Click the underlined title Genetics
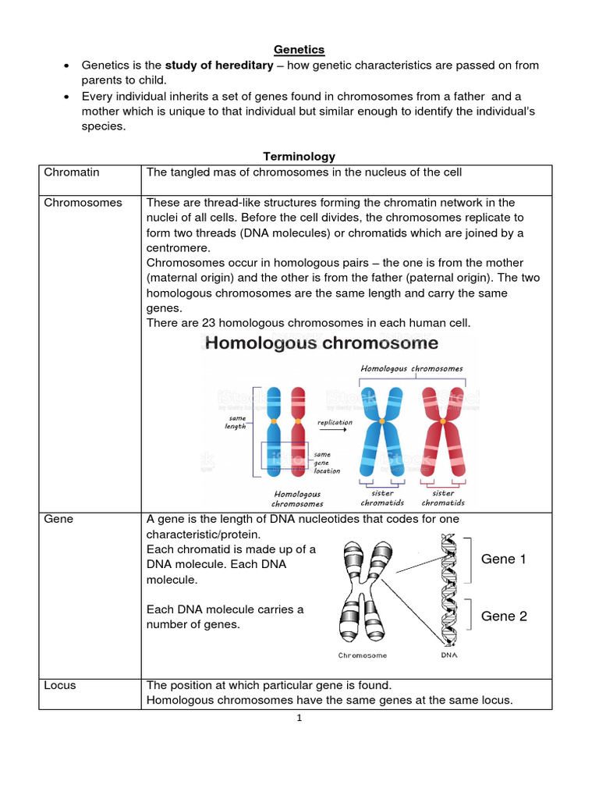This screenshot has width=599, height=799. tap(299, 50)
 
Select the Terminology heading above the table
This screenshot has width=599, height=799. tap(299, 157)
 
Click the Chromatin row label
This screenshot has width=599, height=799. tap(72, 172)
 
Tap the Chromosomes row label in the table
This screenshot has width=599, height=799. tap(83, 203)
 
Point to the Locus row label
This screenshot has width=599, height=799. tap(60, 685)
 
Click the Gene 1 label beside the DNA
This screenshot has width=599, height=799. tap(504, 559)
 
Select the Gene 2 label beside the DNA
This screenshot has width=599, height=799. tap(504, 616)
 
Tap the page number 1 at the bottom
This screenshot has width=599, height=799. tap(299, 719)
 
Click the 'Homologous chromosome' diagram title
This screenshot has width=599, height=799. tap(321, 343)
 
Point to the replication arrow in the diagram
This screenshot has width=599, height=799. tap(335, 432)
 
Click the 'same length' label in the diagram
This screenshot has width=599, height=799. tap(236, 422)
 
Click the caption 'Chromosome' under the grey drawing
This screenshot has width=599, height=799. tap(362, 655)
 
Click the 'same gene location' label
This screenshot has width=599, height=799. tap(326, 463)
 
